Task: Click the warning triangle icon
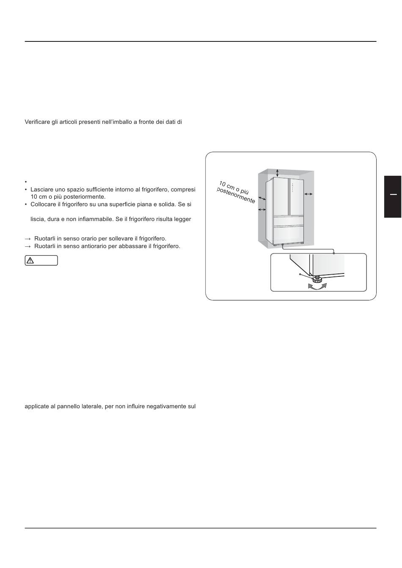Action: coord(30,261)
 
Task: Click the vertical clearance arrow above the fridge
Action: coord(277,173)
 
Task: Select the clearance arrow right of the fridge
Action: coord(308,194)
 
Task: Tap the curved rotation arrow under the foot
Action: coord(317,286)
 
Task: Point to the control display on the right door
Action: coord(292,191)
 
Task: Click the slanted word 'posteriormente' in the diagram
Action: coord(236,195)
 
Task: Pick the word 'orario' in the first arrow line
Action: coord(100,239)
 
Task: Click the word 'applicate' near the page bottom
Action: coord(36,407)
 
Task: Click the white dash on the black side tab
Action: coord(393,194)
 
